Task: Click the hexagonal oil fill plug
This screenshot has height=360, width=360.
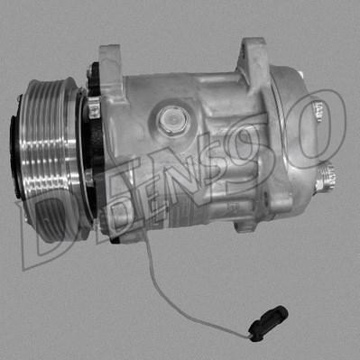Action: pyautogui.click(x=171, y=117)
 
